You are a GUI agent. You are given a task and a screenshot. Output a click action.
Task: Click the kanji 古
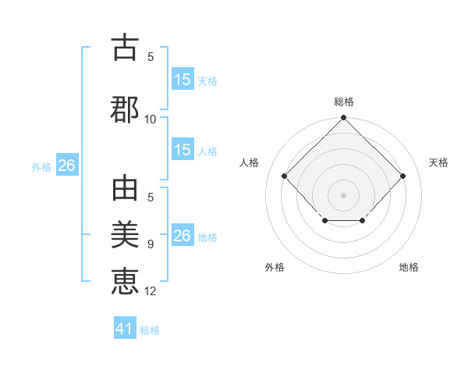pyautogui.click(x=125, y=48)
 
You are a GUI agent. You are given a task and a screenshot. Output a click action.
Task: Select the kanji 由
pyautogui.click(x=125, y=191)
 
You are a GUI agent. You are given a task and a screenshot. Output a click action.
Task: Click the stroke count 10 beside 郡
pyautogui.click(x=151, y=119)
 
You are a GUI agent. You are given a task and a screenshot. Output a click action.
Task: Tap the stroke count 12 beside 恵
pyautogui.click(x=151, y=291)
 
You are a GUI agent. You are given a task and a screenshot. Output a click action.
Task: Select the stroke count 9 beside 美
pyautogui.click(x=151, y=244)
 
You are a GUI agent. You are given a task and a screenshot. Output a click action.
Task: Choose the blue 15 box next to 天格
pyautogui.click(x=183, y=80)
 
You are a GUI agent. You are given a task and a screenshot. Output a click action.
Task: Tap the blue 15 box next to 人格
pyautogui.click(x=183, y=151)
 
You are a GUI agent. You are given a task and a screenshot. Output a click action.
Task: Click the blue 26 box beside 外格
pyautogui.click(x=66, y=166)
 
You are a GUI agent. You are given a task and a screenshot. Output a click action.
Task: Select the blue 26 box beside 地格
pyautogui.click(x=183, y=236)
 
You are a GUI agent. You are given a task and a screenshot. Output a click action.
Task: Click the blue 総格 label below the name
pyautogui.click(x=150, y=330)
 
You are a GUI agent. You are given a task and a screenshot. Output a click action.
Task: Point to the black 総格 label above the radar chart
pyautogui.click(x=344, y=102)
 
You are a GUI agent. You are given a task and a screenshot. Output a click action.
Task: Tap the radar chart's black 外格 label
pyautogui.click(x=275, y=268)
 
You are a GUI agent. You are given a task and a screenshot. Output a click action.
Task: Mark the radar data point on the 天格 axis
pyautogui.click(x=402, y=176)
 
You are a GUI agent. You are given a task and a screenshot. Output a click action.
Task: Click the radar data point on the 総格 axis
pyautogui.click(x=343, y=118)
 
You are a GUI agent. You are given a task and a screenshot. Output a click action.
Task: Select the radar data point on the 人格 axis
pyautogui.click(x=285, y=176)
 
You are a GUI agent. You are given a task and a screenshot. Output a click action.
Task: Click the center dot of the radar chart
pyautogui.click(x=343, y=194)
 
